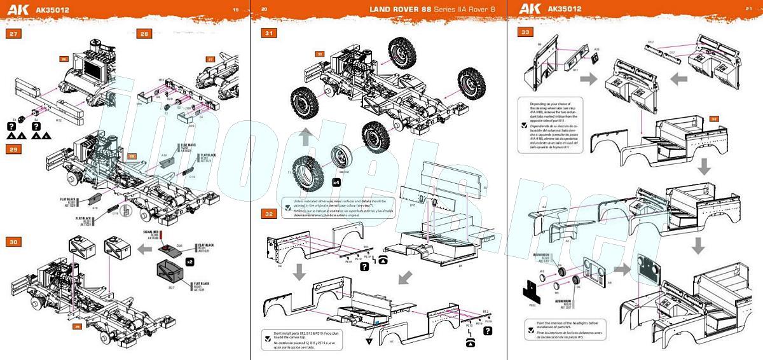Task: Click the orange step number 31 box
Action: (x=270, y=33)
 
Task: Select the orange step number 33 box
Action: (x=526, y=32)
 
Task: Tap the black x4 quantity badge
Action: (x=335, y=182)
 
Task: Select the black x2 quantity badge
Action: (x=189, y=261)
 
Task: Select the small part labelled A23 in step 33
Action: (x=596, y=57)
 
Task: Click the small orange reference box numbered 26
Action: (x=64, y=59)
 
